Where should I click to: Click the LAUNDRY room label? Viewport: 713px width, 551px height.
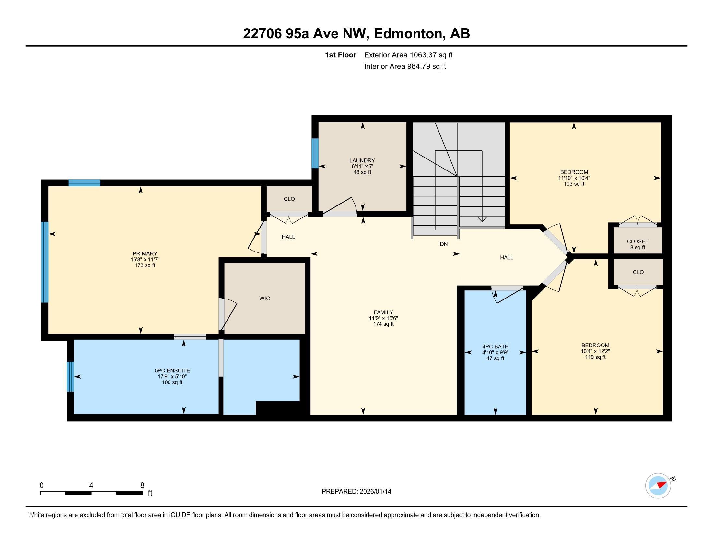(362, 160)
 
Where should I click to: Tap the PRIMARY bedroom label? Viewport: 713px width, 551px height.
(145, 254)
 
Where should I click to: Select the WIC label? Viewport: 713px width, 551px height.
(264, 298)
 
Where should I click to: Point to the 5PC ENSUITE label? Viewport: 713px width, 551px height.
(172, 371)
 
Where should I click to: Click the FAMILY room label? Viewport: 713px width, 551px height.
(383, 312)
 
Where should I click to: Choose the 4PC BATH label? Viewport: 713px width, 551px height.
(495, 347)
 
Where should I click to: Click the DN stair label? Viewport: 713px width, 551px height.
(444, 244)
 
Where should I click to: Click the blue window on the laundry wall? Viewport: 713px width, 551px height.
(315, 153)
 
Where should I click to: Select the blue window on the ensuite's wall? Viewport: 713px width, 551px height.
(70, 376)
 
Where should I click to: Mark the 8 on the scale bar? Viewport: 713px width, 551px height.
(142, 486)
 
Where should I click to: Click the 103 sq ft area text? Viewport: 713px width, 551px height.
(574, 184)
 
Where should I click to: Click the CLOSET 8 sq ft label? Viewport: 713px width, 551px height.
(637, 244)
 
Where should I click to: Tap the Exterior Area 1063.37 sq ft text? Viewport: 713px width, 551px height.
(408, 55)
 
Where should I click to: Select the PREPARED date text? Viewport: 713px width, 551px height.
(356, 492)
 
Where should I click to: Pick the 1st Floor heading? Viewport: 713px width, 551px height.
(341, 55)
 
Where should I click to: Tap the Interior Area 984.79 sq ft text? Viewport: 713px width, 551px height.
(405, 66)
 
